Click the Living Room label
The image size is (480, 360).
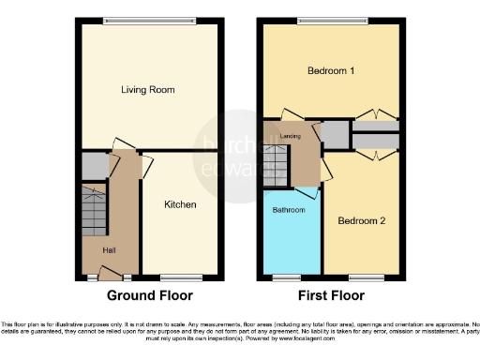point(148,90)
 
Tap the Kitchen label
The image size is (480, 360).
point(180,204)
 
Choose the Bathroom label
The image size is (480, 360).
point(289,210)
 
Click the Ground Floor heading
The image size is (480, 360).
point(149,294)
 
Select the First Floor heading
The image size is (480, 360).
point(330,294)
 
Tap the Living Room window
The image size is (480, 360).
point(149,21)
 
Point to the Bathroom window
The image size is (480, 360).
point(288,277)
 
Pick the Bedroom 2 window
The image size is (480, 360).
point(366,277)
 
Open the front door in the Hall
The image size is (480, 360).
point(111,276)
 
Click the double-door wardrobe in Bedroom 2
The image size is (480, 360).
point(376,142)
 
